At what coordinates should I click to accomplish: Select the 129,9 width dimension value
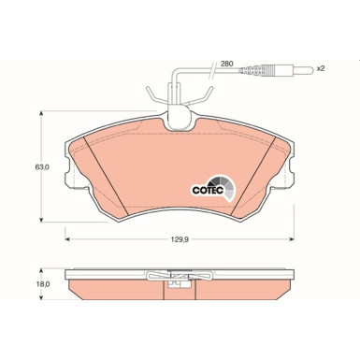pos(179,239)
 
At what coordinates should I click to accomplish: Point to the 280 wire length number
pos(225,64)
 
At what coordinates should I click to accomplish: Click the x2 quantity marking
pos(320,69)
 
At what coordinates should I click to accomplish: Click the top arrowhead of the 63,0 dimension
pos(40,115)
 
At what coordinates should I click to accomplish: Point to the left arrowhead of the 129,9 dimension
pos(68,239)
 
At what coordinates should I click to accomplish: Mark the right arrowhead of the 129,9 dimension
pos(290,239)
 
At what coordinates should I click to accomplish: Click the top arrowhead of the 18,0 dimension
pos(40,269)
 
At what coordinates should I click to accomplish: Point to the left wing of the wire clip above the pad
pos(151,97)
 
